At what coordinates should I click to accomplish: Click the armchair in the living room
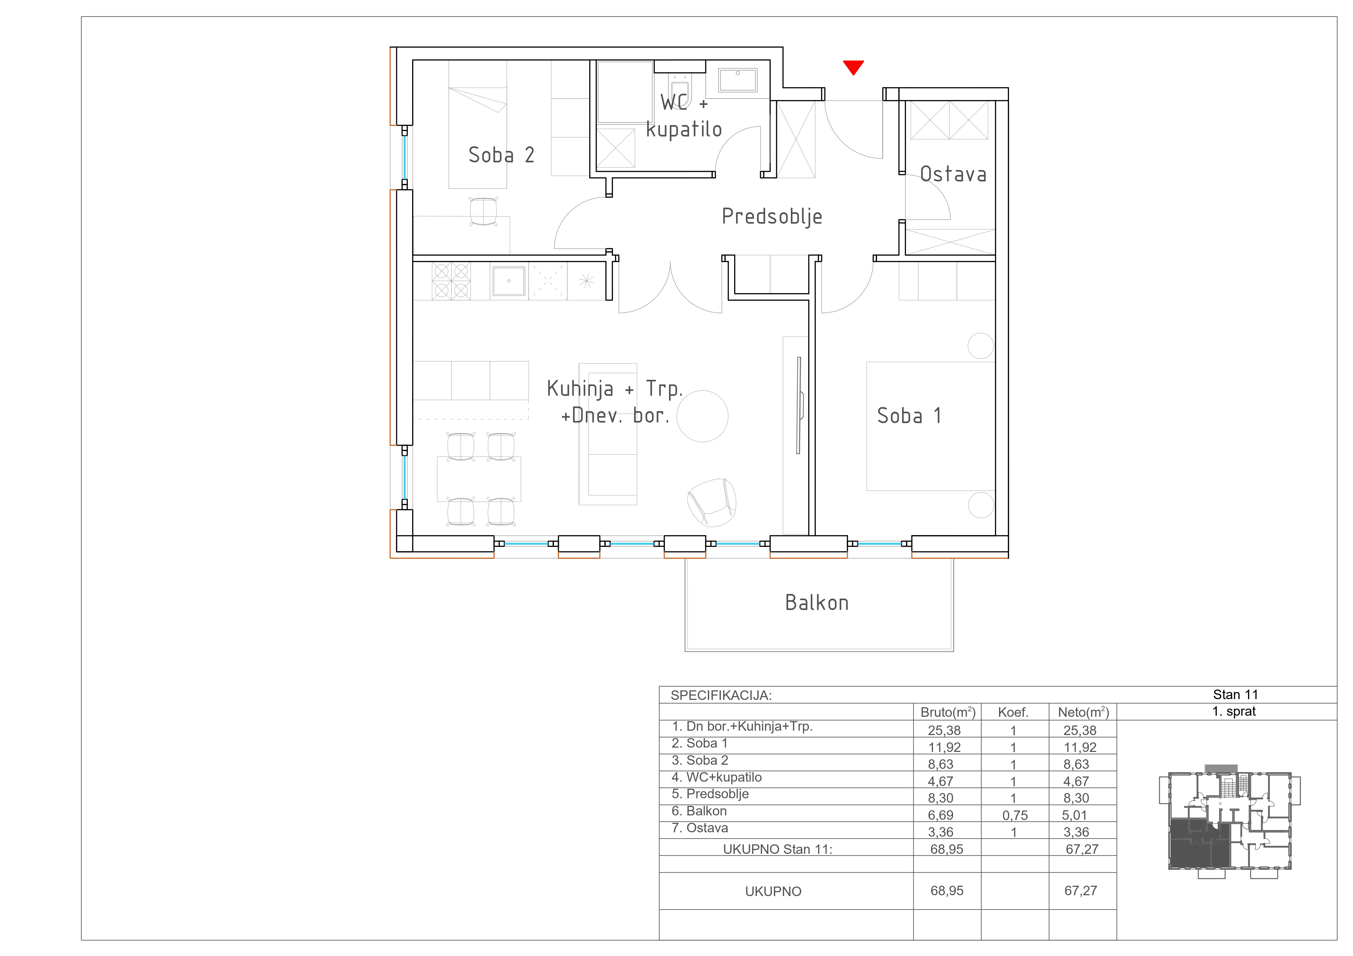click(712, 502)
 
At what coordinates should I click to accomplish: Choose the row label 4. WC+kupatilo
click(716, 778)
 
